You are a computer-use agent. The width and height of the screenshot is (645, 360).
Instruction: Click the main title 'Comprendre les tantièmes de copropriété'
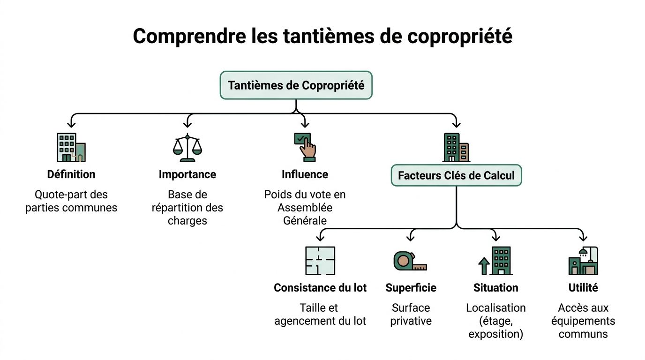322,36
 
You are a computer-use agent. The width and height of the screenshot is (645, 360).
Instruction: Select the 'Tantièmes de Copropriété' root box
296,85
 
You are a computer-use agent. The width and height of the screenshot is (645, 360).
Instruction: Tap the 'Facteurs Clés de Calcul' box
456,176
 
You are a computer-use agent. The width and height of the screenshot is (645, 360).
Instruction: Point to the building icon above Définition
71,147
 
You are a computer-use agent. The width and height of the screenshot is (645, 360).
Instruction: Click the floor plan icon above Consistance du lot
320,261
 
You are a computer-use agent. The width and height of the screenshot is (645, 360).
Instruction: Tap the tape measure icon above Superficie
410,261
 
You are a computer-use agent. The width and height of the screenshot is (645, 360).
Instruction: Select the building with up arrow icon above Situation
495,261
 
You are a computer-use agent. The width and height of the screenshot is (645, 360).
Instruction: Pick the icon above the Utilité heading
583,261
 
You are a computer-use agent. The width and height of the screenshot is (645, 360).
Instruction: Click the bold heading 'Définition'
71,174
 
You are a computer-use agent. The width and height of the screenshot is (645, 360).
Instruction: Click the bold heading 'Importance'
187,174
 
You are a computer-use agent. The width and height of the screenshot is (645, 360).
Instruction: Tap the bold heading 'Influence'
305,174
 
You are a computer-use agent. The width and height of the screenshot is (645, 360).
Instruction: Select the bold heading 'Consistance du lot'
320,288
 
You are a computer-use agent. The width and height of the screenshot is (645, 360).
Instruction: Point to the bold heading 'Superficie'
411,288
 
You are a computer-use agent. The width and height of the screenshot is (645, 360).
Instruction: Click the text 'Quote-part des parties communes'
71,201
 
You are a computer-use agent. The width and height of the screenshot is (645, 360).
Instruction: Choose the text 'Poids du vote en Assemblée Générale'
305,207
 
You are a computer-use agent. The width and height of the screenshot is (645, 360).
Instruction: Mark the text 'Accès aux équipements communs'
583,321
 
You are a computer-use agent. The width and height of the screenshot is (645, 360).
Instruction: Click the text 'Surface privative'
411,315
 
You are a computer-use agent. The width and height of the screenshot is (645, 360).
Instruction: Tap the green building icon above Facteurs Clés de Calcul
456,147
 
